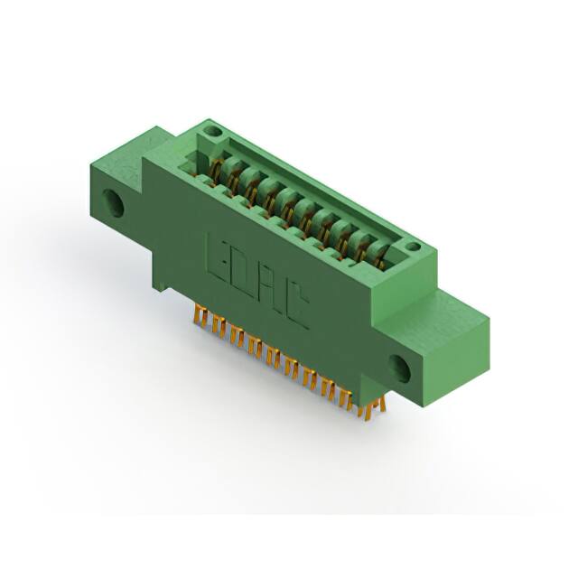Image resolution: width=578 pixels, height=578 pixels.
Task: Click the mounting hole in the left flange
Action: pos(114,202)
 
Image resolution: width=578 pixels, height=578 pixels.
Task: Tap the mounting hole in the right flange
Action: pos(399,368)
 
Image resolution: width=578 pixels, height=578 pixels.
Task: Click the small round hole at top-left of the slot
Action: pos(212,131)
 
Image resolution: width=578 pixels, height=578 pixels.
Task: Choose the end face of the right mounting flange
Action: pos(461,361)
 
